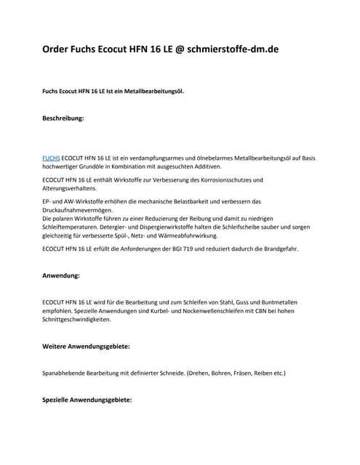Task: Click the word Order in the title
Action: (59, 50)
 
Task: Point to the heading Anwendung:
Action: (62, 276)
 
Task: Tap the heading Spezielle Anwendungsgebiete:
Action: (87, 400)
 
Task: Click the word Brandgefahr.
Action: (278, 250)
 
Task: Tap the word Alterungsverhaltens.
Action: (75, 188)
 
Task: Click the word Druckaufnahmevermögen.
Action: (85, 210)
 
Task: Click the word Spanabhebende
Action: (71, 373)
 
